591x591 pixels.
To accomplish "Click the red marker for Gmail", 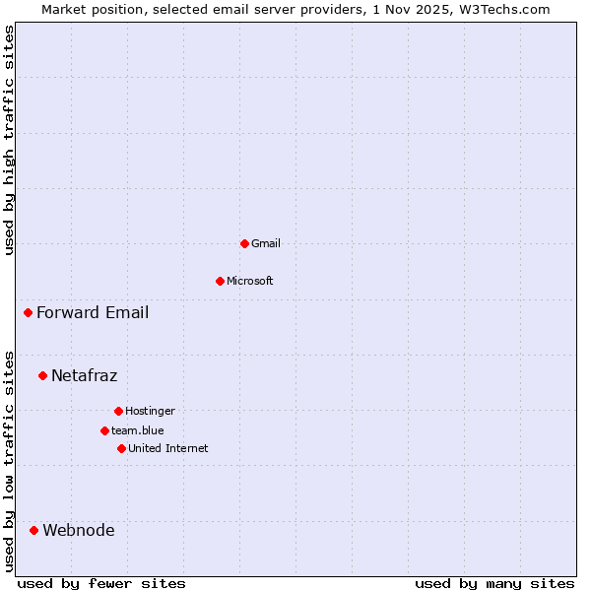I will click(x=244, y=243).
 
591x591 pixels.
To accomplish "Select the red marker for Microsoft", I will click(x=220, y=281).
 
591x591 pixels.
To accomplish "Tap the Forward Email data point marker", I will click(x=28, y=313).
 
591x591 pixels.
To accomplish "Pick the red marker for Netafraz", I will click(x=42, y=375).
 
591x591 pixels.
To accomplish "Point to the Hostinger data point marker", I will click(x=118, y=411).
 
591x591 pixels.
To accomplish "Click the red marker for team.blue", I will click(x=104, y=430).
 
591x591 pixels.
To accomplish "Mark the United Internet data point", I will click(x=121, y=448).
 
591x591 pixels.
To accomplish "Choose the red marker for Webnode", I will click(x=33, y=530).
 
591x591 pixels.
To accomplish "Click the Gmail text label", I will click(x=266, y=243).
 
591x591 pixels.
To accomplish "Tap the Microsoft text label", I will click(x=250, y=281).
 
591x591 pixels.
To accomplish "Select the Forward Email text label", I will click(x=93, y=313).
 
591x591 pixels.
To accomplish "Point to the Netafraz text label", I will click(x=84, y=375).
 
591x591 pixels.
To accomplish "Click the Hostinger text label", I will click(x=150, y=411).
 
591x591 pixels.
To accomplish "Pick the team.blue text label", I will click(x=138, y=430).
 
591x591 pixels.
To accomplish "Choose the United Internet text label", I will click(x=168, y=448).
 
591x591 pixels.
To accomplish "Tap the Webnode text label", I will click(x=78, y=530).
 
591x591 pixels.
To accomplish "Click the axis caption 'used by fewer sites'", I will click(x=101, y=583).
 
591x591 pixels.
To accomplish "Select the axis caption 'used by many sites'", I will click(x=494, y=583).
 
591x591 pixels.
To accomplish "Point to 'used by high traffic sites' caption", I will click(x=9, y=140).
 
